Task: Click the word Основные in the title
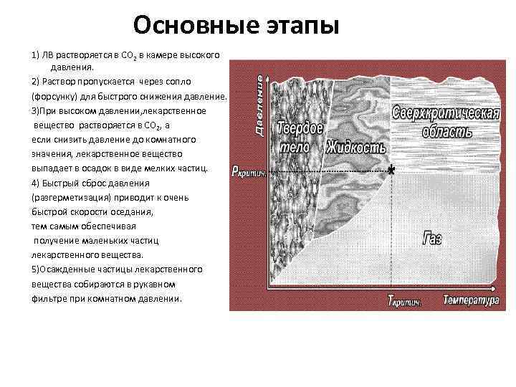click(186, 26)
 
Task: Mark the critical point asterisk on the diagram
click(391, 170)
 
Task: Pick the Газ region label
click(433, 239)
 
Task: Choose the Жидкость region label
click(356, 148)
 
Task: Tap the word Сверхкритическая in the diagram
click(444, 115)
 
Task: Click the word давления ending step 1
click(69, 67)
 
